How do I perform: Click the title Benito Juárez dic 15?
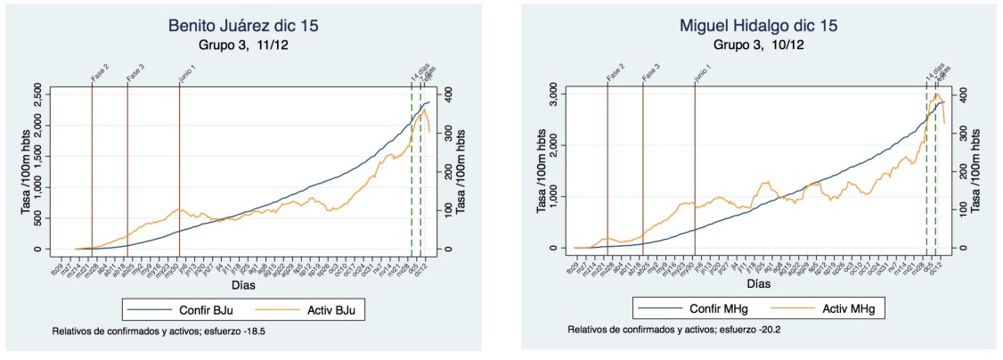pos(246,26)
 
